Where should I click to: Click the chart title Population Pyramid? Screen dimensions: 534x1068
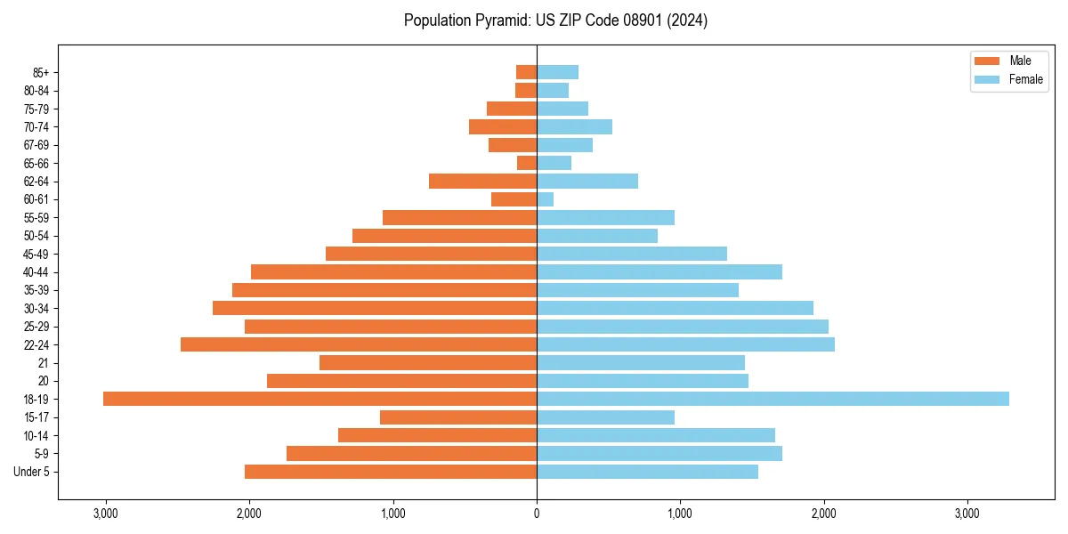tap(555, 20)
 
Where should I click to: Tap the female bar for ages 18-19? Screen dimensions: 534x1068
tap(773, 399)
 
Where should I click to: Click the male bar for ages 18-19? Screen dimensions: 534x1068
tap(320, 399)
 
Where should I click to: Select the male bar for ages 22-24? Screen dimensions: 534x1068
tap(359, 344)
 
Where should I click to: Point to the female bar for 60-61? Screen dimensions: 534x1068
tap(545, 199)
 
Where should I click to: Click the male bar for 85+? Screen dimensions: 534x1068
tap(526, 72)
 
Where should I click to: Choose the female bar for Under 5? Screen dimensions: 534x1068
tap(647, 472)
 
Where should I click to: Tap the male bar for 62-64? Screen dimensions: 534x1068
tap(482, 181)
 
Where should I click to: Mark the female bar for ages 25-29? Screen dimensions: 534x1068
tap(683, 327)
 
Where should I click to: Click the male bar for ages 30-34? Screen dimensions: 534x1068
tap(375, 308)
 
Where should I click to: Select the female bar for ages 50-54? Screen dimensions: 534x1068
tap(597, 236)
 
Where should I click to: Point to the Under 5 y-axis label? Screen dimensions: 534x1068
tap(32, 472)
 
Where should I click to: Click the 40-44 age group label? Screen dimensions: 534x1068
tap(36, 272)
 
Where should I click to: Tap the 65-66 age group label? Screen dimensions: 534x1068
tap(36, 163)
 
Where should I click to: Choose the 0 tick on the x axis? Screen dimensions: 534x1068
tap(537, 514)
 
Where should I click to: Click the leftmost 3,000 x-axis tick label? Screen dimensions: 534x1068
tap(105, 514)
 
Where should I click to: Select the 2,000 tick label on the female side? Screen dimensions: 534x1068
tap(823, 514)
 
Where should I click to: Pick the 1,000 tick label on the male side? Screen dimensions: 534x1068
tap(392, 514)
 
